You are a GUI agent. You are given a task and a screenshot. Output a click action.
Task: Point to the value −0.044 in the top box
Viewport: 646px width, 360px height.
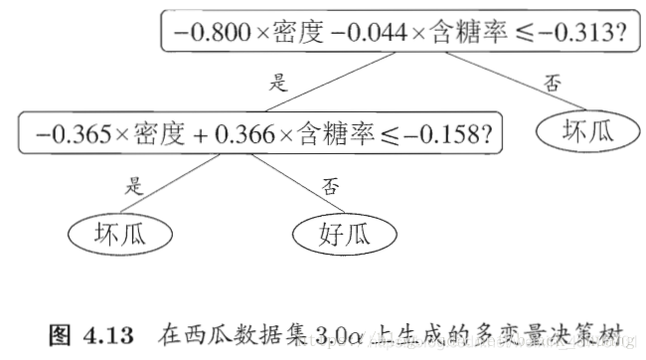coord(369,33)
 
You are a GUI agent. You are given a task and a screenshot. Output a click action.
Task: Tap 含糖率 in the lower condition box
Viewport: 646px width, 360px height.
coord(333,131)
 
